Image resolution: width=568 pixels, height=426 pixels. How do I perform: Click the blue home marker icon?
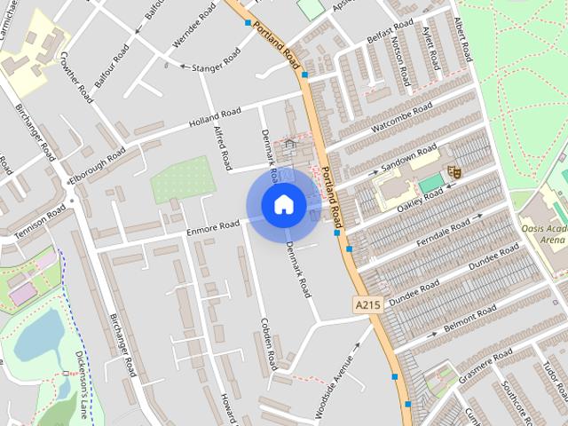pyautogui.click(x=283, y=205)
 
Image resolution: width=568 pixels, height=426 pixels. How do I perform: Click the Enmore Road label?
pyautogui.click(x=213, y=227)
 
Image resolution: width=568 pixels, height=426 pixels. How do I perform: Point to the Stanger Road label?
pyautogui.click(x=210, y=60)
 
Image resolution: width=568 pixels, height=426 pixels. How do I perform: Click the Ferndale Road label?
pyautogui.click(x=448, y=229)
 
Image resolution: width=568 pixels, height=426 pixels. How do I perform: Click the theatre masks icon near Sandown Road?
pyautogui.click(x=454, y=170)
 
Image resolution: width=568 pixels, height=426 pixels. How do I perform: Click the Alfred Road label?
pyautogui.click(x=222, y=147)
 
